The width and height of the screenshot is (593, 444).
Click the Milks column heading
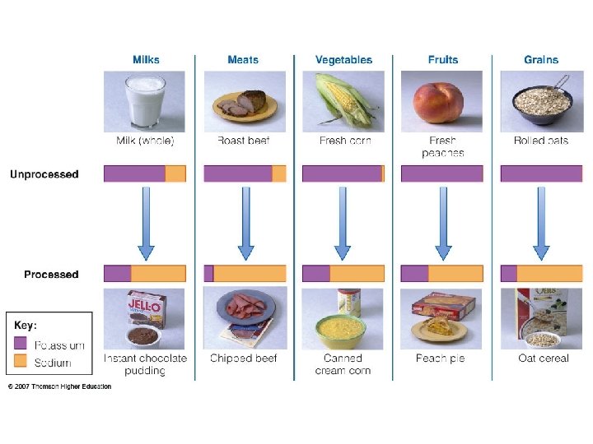coord(146,60)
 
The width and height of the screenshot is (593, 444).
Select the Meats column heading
coord(243,60)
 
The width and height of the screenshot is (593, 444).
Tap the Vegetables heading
coord(343,60)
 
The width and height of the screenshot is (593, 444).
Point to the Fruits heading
coord(443,60)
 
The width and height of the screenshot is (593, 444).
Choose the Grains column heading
coord(541,60)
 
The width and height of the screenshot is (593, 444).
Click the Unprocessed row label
coord(44,174)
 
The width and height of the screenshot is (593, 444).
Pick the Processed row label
coord(51,275)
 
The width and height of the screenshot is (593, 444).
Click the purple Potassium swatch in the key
coord(21,345)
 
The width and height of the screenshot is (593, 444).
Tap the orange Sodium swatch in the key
coord(21,362)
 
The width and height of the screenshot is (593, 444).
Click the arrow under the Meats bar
coord(245,223)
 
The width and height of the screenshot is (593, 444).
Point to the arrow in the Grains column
coord(541,223)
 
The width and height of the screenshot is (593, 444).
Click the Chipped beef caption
coord(244,358)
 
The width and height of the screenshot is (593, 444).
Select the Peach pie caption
coord(441,358)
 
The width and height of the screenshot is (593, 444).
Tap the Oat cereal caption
coord(543,358)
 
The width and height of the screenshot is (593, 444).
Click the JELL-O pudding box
coord(146,309)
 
